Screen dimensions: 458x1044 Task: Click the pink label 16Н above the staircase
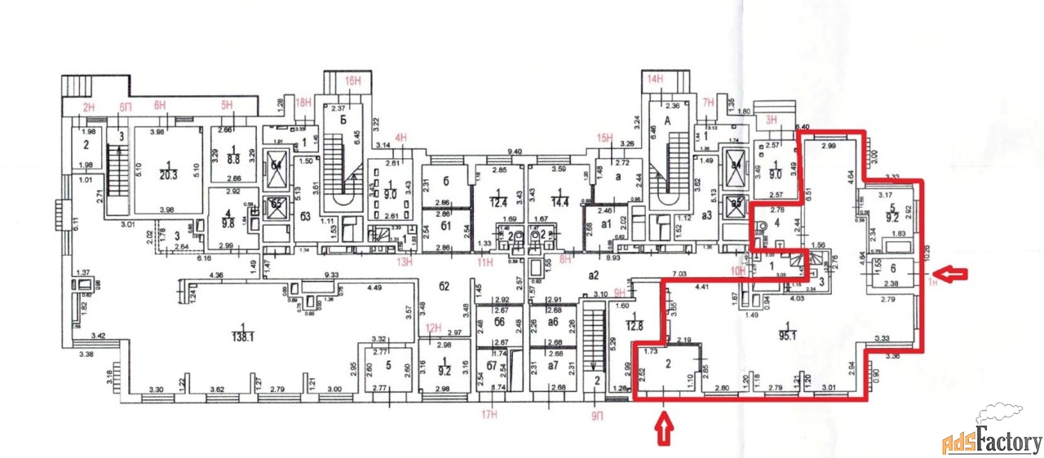coord(352,81)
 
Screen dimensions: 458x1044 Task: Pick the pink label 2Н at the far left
coord(89,107)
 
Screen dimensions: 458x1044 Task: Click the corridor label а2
coord(594,275)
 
